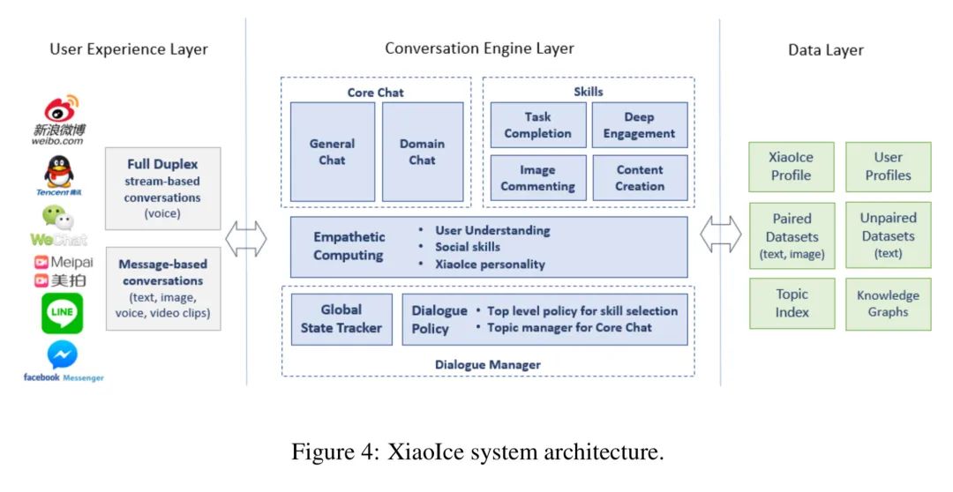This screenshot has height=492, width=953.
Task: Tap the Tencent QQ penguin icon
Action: point(59,172)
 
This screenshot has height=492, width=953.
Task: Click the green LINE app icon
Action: point(62,313)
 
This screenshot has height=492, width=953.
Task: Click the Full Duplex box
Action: point(162,188)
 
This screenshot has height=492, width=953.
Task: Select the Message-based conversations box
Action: point(162,288)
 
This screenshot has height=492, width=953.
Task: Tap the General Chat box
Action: point(332,152)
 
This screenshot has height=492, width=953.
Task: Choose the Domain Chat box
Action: point(422,152)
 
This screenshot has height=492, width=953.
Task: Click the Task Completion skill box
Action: point(537,125)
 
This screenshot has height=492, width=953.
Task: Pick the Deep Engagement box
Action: point(639,125)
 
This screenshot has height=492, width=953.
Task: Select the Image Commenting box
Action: point(537,178)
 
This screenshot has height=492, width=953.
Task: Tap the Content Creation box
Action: point(639,178)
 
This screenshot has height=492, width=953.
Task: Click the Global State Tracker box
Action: point(341,318)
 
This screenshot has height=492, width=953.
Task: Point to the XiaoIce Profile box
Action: point(791,166)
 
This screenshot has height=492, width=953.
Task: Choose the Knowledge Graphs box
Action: point(887,303)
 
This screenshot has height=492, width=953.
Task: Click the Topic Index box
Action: point(791,303)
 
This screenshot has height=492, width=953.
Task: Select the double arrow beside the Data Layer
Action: point(720,235)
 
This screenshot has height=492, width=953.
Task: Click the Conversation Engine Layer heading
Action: point(479,48)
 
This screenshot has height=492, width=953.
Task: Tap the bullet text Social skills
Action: point(467,247)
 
